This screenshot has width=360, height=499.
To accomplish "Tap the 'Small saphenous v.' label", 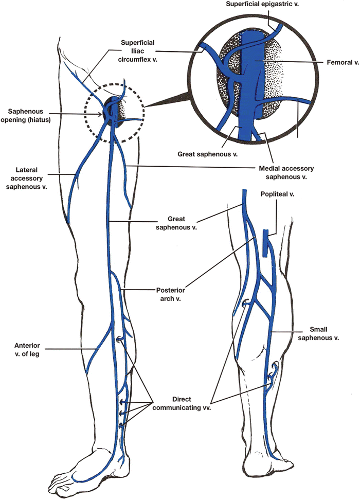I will coord(329,333).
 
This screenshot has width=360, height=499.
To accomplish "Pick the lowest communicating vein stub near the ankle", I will coord(121,425).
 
